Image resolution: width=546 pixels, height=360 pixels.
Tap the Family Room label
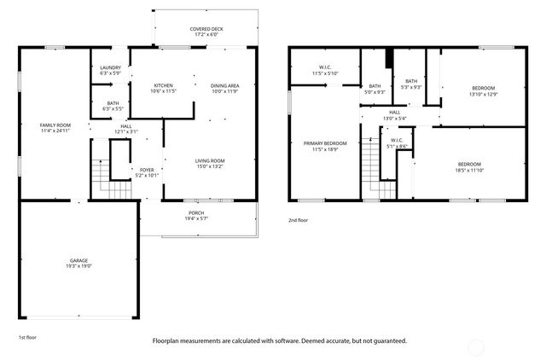55,128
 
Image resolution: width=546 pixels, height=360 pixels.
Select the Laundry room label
111,70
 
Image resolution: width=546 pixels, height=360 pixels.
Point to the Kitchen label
164,88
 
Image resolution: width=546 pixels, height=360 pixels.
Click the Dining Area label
224,88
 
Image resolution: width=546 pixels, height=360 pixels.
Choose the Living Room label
209,163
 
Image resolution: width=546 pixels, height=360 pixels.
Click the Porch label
196,215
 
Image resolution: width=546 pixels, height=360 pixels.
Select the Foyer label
147,172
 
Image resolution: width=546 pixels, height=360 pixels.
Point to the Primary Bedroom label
325,146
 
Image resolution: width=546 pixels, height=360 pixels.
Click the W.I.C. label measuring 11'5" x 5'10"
325,70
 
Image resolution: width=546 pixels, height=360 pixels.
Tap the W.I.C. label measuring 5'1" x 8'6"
397,142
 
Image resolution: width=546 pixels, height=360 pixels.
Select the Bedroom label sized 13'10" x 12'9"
483,90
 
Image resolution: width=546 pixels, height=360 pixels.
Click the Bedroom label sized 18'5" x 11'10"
468,166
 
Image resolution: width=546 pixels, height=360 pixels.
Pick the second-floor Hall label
395,114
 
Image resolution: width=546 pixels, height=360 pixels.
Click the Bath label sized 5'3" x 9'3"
411,84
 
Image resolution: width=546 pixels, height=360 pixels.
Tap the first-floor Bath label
113,106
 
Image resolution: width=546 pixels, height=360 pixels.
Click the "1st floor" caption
27,337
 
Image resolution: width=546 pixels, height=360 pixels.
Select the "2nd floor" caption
299,219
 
